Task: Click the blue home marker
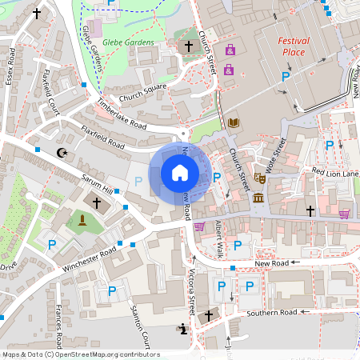point(180,173)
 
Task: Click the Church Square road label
point(142,94)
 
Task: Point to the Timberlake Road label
point(122,114)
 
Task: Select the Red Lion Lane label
point(335,172)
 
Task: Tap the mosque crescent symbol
point(61,152)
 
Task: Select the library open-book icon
point(234,122)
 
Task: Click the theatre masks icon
point(259,178)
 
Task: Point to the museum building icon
point(258,198)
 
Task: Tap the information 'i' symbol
point(185,328)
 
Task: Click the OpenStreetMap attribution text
point(80,354)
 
